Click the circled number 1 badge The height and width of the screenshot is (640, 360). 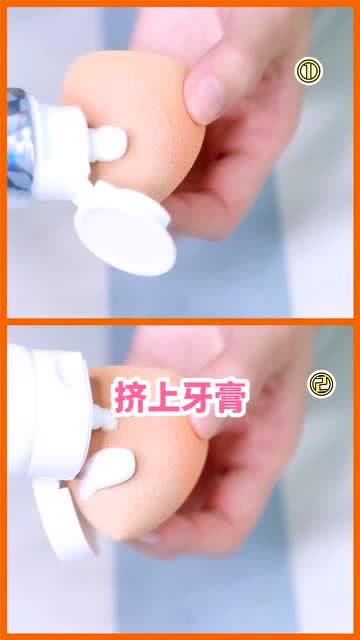(309, 71)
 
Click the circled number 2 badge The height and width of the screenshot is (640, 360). (321, 384)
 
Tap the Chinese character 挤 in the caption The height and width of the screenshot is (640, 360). (128, 397)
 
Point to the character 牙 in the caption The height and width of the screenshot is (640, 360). (198, 397)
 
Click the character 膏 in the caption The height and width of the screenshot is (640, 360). (232, 397)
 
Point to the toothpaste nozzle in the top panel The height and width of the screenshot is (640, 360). (108, 144)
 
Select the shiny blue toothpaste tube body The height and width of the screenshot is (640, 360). (20, 139)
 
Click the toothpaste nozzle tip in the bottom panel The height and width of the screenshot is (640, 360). (105, 417)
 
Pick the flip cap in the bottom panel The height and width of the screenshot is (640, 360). (67, 518)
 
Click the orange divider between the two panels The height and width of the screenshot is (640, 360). (180, 322)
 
